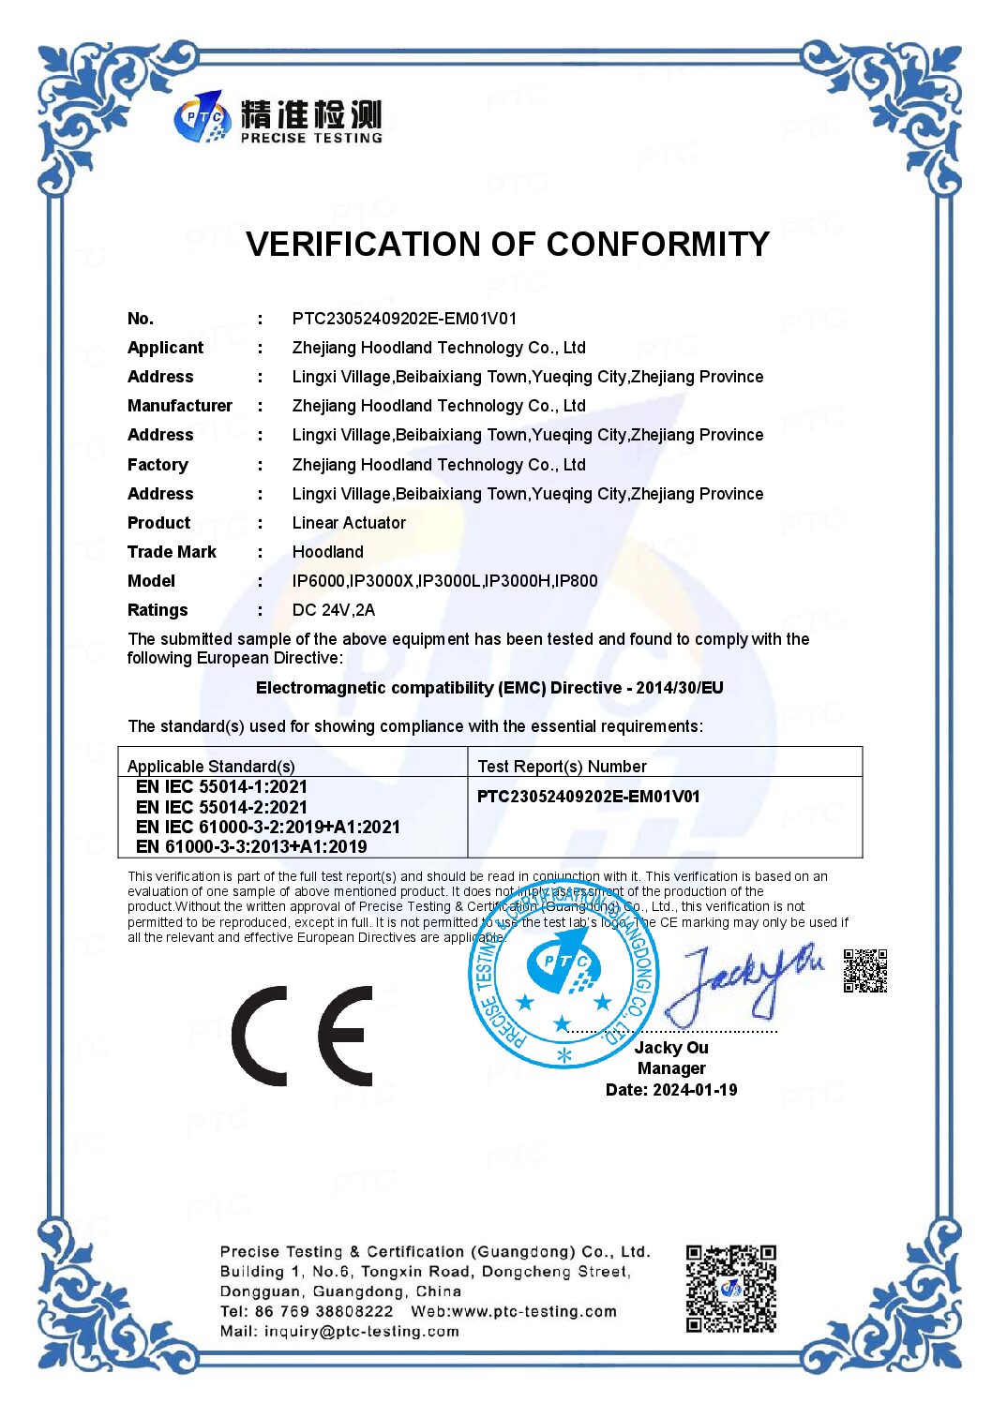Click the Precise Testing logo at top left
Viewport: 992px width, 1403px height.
click(278, 118)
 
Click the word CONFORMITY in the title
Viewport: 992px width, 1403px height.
click(658, 245)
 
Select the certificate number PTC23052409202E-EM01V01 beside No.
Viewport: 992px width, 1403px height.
click(404, 319)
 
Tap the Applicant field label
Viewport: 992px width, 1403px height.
click(165, 348)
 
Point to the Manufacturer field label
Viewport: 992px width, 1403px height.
click(180, 406)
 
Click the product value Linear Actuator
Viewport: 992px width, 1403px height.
click(349, 523)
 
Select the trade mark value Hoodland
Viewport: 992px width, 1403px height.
click(327, 552)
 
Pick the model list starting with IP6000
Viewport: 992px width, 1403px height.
click(444, 581)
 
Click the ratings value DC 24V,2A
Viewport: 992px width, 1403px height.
click(333, 610)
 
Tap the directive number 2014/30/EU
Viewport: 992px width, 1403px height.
click(680, 688)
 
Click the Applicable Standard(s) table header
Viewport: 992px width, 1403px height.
click(211, 767)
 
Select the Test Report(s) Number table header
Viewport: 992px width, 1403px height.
click(562, 767)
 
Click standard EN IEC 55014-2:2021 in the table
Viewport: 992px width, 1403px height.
click(221, 807)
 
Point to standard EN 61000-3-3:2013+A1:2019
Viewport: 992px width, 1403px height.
click(251, 846)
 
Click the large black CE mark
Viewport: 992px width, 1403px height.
click(302, 1036)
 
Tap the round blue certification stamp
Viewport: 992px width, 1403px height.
click(564, 975)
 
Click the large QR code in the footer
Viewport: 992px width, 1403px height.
click(730, 1289)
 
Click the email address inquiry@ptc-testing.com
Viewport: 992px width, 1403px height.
click(362, 1332)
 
